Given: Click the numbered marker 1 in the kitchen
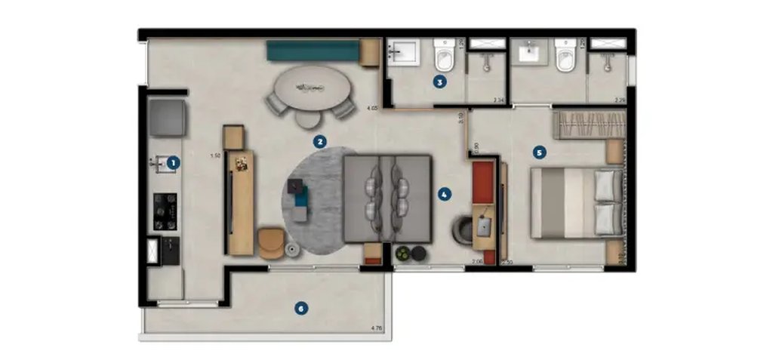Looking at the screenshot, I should coord(173,162).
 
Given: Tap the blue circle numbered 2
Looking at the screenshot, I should coord(320,141).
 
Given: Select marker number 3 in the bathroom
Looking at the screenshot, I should coord(439,82).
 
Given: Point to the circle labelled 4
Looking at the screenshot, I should coord(445,194).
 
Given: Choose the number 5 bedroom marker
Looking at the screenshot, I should coord(538,152).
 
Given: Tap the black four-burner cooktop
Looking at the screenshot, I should coord(165,211).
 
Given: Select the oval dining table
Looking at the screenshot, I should coord(310,88).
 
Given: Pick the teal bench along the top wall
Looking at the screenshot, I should coord(313,51).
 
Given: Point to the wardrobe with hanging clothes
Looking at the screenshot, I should coord(591,125).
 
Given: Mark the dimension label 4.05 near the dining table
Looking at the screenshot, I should coord(371,109).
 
